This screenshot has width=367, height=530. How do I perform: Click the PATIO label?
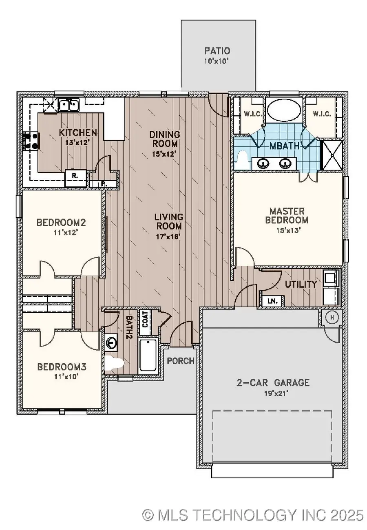(x=218, y=51)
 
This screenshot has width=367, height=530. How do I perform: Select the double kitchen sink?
(x=68, y=106)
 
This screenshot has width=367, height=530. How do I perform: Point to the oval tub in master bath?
(x=284, y=110)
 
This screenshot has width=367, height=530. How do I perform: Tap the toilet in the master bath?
(x=243, y=159)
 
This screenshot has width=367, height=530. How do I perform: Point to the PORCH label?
(x=180, y=361)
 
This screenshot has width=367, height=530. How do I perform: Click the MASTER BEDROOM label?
(x=287, y=216)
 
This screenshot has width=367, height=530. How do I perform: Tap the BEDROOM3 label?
(x=60, y=367)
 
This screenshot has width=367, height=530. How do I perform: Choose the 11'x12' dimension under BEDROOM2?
(x=62, y=233)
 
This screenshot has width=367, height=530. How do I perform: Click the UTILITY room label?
(x=301, y=284)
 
